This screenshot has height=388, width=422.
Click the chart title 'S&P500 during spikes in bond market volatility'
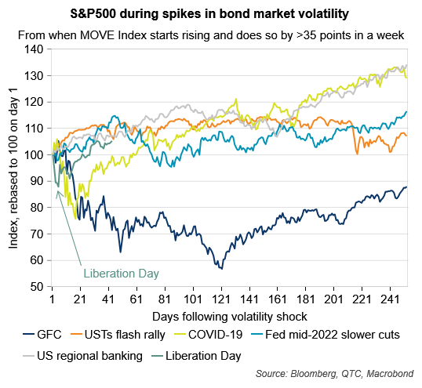tap(209, 13)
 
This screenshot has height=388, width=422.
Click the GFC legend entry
tap(42, 335)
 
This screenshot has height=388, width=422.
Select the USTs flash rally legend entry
tap(118, 335)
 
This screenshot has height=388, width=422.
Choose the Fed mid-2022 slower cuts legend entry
tap(326, 335)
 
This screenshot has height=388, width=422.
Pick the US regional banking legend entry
tap(83, 356)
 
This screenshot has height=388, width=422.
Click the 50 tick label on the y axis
tap(36, 287)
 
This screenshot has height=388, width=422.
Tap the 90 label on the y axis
tap(36, 181)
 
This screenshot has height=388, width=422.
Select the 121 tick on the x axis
tap(221, 299)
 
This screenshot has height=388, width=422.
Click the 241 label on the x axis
tap(391, 299)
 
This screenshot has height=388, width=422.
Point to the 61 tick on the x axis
tap(136, 299)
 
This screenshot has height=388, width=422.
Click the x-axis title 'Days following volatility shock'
tap(230, 317)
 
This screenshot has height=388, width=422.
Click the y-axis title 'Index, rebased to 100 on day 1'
tap(13, 168)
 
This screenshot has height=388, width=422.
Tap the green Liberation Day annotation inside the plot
tap(121, 274)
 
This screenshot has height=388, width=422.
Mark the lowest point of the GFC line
tap(222, 269)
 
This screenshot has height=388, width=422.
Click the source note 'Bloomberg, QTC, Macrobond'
tap(352, 373)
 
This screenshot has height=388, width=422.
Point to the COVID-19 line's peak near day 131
tap(236, 99)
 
